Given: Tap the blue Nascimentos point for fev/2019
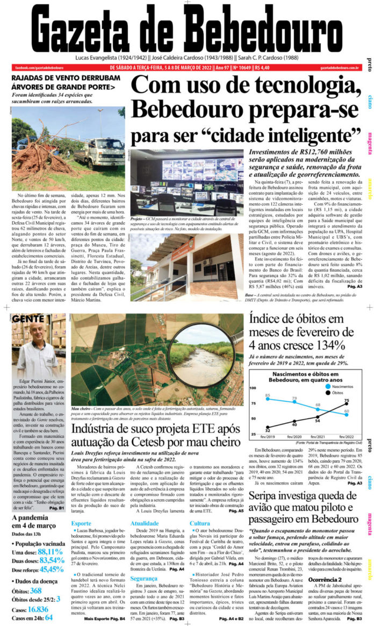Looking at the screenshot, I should coord(268,400).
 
